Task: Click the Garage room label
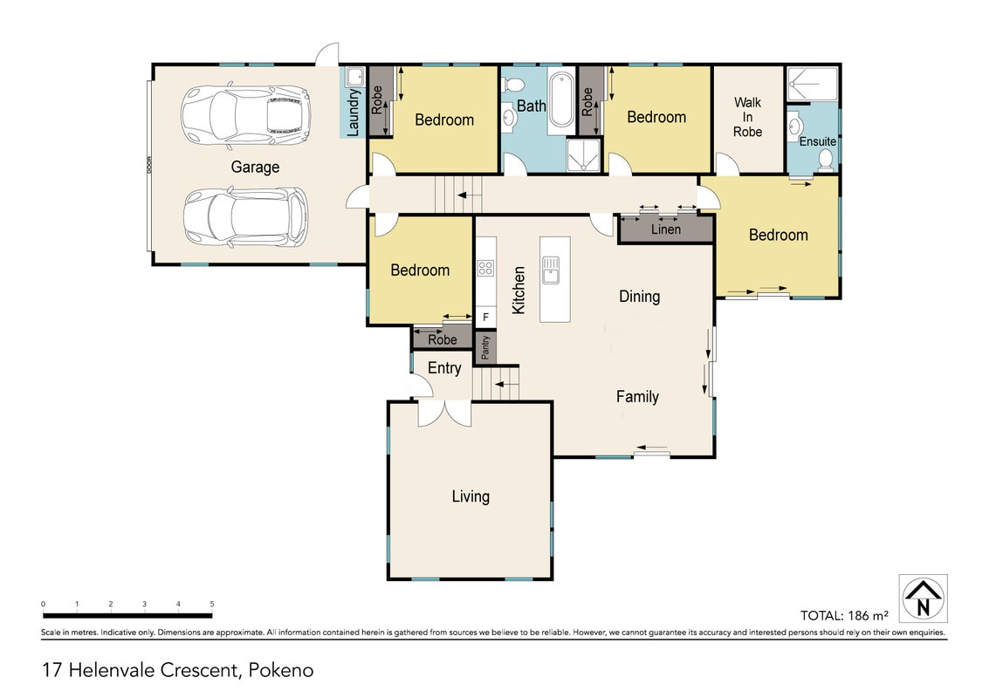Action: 255,168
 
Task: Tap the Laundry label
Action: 354,113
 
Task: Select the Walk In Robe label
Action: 747,117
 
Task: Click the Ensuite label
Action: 817,141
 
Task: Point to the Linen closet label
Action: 666,229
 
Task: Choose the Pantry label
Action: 485,347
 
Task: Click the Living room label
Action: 470,496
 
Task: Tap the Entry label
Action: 444,368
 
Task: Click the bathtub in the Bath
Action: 561,101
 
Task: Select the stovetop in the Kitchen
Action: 485,268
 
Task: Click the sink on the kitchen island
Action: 551,270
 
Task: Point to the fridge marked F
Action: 485,317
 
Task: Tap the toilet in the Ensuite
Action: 825,161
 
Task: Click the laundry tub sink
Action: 356,77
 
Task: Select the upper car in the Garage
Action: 246,114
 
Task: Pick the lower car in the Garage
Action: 246,217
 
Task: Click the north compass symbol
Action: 923,599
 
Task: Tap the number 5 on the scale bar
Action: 212,604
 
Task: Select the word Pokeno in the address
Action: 281,669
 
